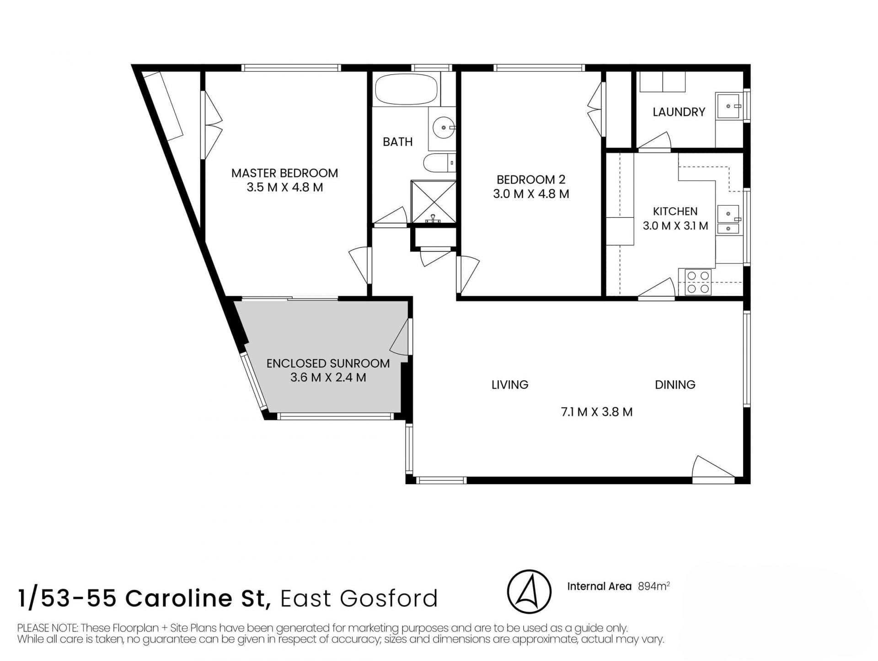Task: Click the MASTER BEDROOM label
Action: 284,173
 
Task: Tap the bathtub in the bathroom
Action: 407,90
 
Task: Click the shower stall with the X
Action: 434,202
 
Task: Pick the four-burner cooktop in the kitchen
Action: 698,283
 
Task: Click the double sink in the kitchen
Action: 728,220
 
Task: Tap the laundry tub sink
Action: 729,106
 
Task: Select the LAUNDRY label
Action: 679,112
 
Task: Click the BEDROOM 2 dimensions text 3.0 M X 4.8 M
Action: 531,194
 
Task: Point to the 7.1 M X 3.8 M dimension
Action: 597,412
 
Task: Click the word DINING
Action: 675,385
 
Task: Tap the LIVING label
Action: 510,385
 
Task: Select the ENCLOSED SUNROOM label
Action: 328,363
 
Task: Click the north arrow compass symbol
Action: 529,592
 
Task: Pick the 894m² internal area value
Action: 654,586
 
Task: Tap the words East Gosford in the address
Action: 359,599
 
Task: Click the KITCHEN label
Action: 675,212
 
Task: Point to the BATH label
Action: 398,142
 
